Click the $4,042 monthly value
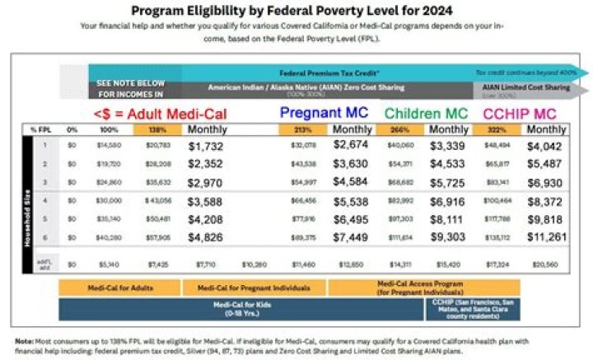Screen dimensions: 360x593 point(547,145)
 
